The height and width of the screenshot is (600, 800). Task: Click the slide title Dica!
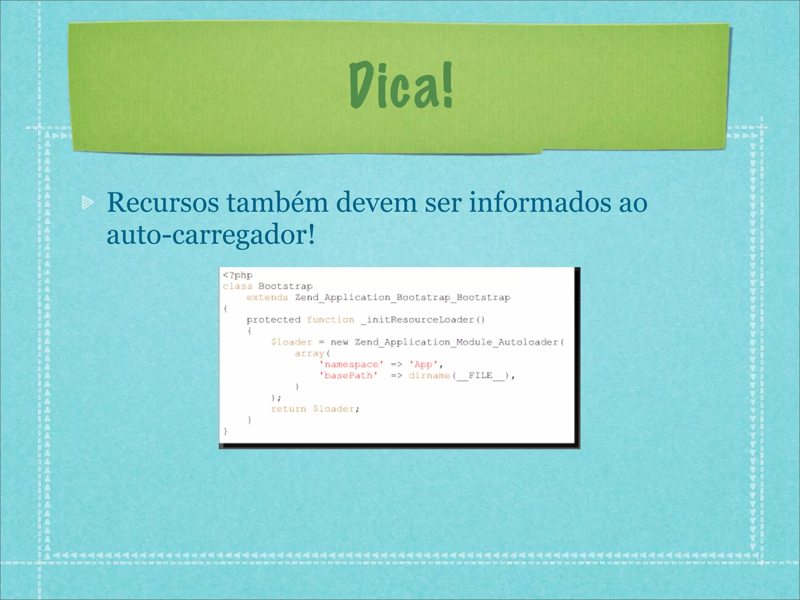click(x=401, y=85)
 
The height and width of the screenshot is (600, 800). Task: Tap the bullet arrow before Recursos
click(x=87, y=202)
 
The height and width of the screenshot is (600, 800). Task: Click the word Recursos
click(x=163, y=203)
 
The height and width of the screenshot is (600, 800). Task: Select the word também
click(x=277, y=203)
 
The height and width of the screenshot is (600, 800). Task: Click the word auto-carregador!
click(x=211, y=235)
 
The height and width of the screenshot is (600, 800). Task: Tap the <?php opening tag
click(x=238, y=275)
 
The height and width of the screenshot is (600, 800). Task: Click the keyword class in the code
click(x=237, y=286)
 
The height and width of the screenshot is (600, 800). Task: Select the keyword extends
click(x=267, y=298)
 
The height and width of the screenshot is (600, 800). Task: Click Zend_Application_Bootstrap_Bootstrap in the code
click(x=403, y=298)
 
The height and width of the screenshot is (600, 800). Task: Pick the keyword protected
click(x=273, y=320)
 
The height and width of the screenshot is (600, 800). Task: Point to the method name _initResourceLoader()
click(x=423, y=320)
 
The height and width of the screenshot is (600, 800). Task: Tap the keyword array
click(x=310, y=354)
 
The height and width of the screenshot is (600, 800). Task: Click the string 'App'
click(x=424, y=364)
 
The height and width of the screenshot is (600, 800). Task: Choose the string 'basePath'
click(x=348, y=376)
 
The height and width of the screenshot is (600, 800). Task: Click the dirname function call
click(x=429, y=376)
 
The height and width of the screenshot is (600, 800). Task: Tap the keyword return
click(x=289, y=409)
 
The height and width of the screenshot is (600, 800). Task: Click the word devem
click(x=377, y=203)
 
